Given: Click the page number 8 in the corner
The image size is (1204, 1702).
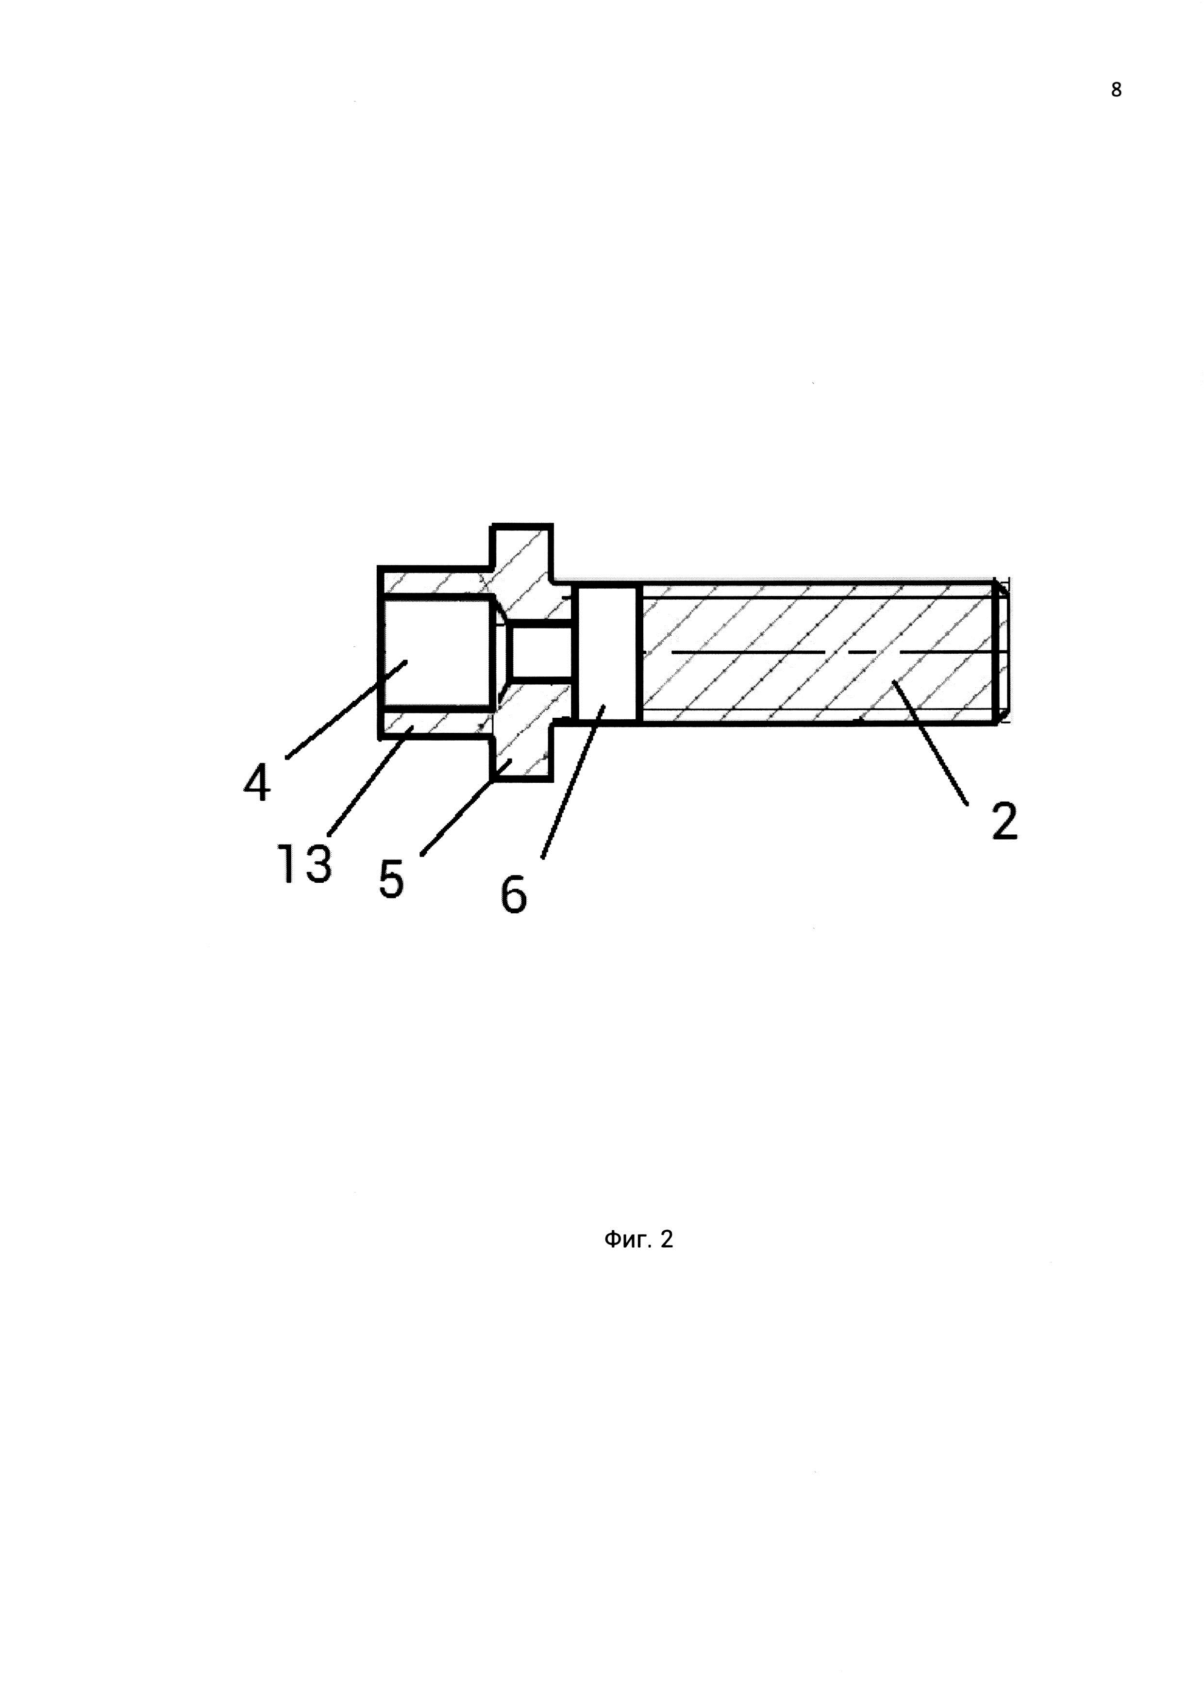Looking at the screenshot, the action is (x=1116, y=90).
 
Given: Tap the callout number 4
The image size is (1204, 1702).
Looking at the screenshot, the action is (x=256, y=784).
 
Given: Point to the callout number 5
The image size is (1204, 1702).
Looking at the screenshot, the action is (x=391, y=879).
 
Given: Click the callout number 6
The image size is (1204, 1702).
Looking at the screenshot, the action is (x=513, y=895).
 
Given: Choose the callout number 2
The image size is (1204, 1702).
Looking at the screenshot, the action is (x=1004, y=821).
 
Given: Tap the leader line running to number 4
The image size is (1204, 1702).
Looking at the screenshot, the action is (x=346, y=710).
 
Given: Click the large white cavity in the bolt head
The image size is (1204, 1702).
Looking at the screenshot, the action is (x=437, y=652).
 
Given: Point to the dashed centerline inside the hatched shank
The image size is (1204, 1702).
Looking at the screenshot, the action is (x=816, y=652).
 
